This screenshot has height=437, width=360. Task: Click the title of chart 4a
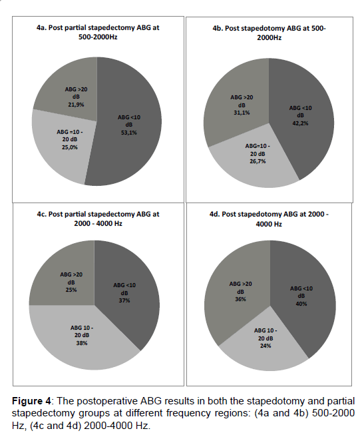(x=98, y=32)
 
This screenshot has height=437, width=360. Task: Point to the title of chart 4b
(x=269, y=33)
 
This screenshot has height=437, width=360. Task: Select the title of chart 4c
(x=98, y=218)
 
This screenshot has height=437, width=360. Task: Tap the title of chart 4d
(x=269, y=218)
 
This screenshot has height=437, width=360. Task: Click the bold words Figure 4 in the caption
(x=31, y=401)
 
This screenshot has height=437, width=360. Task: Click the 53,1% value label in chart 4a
(x=129, y=133)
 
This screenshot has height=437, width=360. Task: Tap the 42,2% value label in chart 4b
(x=300, y=123)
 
